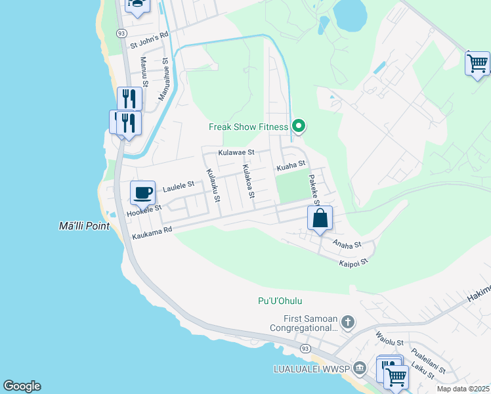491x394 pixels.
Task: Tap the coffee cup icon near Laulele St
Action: [x=142, y=193]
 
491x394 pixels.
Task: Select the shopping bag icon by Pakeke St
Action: [x=320, y=219]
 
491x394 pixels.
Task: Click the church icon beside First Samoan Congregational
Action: [x=348, y=322]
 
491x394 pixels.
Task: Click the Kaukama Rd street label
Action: [x=152, y=232]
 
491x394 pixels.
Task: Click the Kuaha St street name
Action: [x=291, y=165]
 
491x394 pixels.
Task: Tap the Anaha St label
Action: [x=347, y=244]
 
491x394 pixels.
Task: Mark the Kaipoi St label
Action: [x=354, y=262]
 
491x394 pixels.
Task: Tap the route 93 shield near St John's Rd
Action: [x=121, y=33]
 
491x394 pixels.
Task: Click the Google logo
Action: [x=22, y=386]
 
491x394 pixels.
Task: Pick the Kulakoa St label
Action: [x=248, y=183]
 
